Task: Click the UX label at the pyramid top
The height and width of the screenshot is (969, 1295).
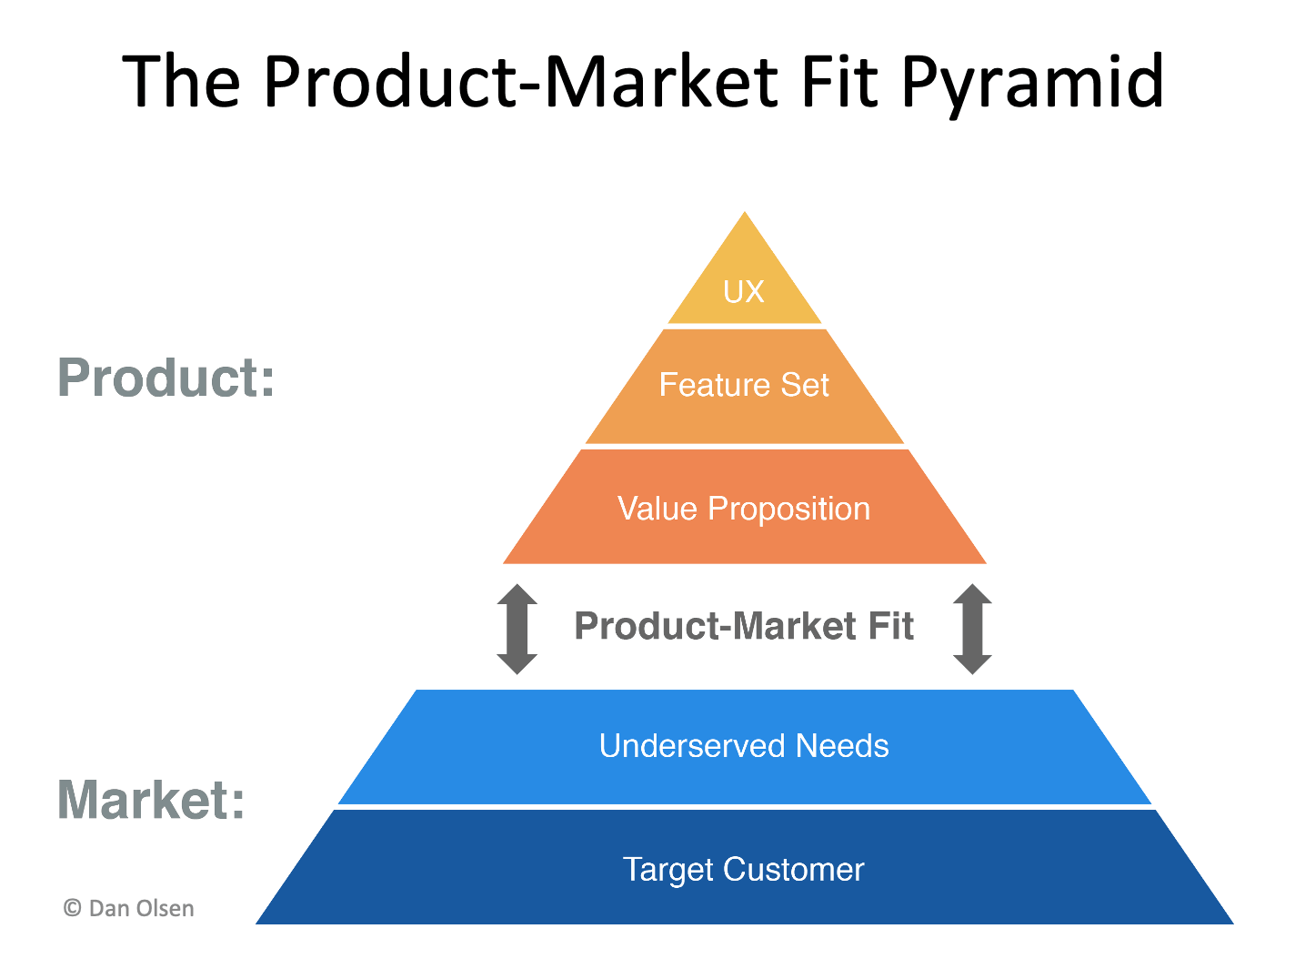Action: tap(743, 292)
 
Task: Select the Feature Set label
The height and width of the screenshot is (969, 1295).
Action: tap(743, 385)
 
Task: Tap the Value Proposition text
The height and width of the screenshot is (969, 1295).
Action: tap(743, 509)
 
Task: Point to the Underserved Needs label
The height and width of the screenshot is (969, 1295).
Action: tap(743, 746)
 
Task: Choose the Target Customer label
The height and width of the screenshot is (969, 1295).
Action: tap(743, 870)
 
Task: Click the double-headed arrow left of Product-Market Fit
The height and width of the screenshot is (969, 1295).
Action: tap(517, 629)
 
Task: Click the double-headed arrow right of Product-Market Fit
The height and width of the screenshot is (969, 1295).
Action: tap(972, 629)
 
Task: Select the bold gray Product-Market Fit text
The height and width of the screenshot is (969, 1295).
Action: tap(743, 627)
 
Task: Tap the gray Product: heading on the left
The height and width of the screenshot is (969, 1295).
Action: tap(166, 378)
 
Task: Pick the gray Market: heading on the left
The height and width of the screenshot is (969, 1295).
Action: tap(151, 800)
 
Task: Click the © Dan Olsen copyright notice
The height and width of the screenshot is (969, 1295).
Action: tap(128, 908)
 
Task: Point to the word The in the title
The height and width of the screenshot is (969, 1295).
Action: tap(181, 82)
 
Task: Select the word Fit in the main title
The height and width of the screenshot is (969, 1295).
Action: tap(840, 82)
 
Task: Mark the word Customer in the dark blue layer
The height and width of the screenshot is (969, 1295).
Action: tap(793, 870)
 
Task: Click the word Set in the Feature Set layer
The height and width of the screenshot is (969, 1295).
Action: tap(804, 385)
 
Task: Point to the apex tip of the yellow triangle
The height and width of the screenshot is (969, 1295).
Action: tap(745, 215)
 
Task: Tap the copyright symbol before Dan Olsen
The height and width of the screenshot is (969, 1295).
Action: tap(72, 908)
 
